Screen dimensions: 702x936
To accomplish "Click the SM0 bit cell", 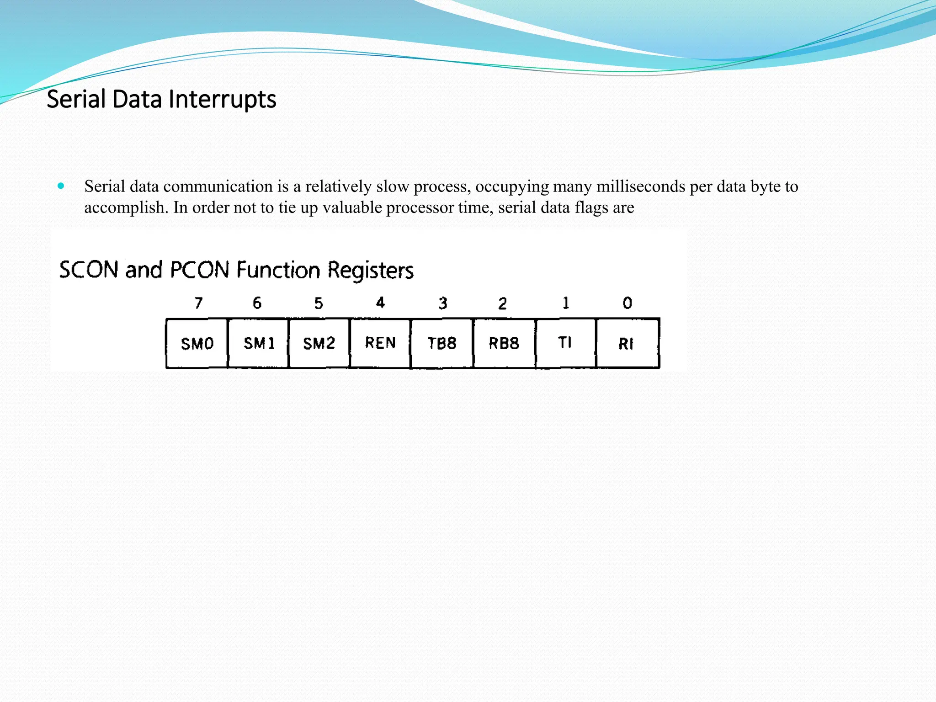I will coord(197,343).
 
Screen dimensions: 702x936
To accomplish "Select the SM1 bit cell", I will coord(259,343).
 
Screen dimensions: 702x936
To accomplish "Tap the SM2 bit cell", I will coord(319,343).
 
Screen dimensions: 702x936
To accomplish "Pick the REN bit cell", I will coord(380,343).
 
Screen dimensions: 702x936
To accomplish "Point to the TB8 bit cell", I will coord(442,343).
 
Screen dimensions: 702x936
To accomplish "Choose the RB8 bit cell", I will coord(504,343).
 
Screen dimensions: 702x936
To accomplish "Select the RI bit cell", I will coord(627,344).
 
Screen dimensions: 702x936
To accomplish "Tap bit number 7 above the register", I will coord(198,303).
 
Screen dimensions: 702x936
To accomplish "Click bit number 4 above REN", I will coord(380,303).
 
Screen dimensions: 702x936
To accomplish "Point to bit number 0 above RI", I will coord(628,303).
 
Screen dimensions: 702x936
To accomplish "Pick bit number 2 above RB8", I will coord(502,303).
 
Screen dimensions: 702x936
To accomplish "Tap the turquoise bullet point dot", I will coord(61,186).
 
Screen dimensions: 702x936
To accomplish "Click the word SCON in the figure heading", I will coord(89,270).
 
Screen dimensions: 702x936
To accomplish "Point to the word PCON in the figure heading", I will coord(199,270).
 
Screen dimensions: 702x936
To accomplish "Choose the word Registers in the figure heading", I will coord(371,271).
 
